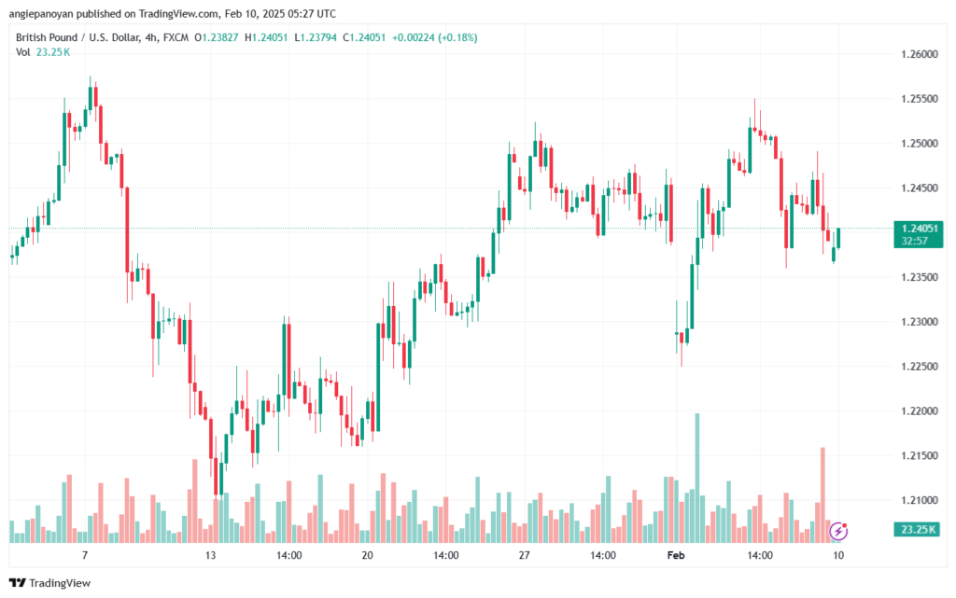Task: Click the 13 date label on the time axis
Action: [211, 555]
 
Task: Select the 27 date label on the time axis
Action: [525, 555]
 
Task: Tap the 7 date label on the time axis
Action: [85, 555]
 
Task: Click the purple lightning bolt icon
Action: [838, 532]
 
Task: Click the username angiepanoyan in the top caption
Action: [51, 13]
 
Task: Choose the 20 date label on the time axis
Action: [367, 555]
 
